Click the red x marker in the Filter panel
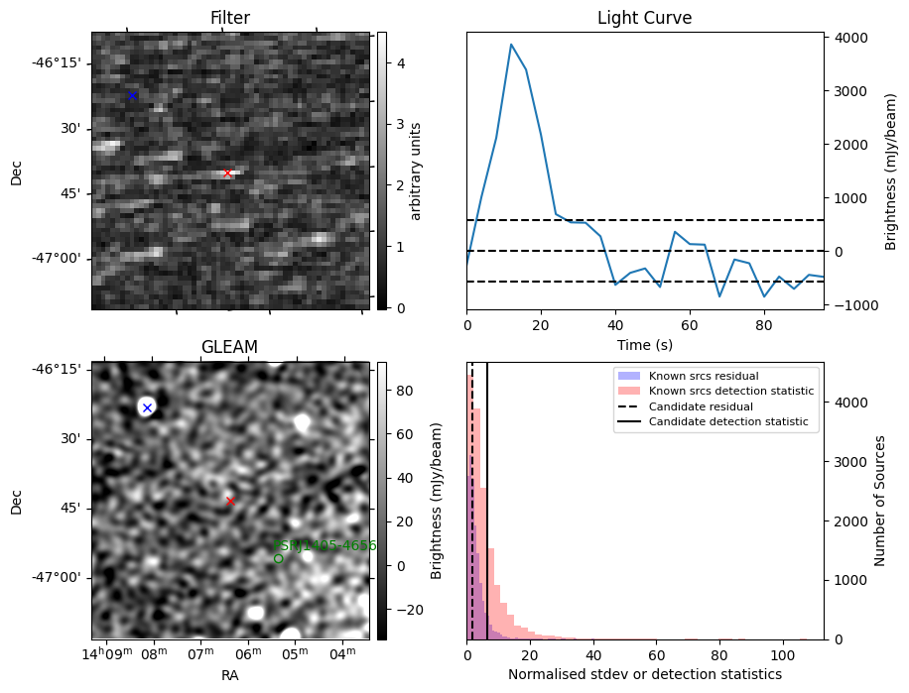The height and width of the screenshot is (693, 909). coord(227,173)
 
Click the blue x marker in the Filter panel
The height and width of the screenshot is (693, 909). coord(132,95)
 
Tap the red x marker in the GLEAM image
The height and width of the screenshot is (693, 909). coord(230,501)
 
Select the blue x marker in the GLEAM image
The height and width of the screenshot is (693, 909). coord(147,407)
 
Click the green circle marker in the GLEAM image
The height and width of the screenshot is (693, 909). coord(278,559)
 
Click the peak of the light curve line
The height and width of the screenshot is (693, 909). coord(511,45)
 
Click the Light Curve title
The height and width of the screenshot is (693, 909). coord(644,18)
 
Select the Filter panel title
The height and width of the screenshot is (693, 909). coord(230,18)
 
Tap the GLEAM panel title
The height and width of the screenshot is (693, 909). coord(229,347)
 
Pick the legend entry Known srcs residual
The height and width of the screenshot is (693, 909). coord(704,376)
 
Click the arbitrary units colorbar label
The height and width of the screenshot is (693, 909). coord(416,171)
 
